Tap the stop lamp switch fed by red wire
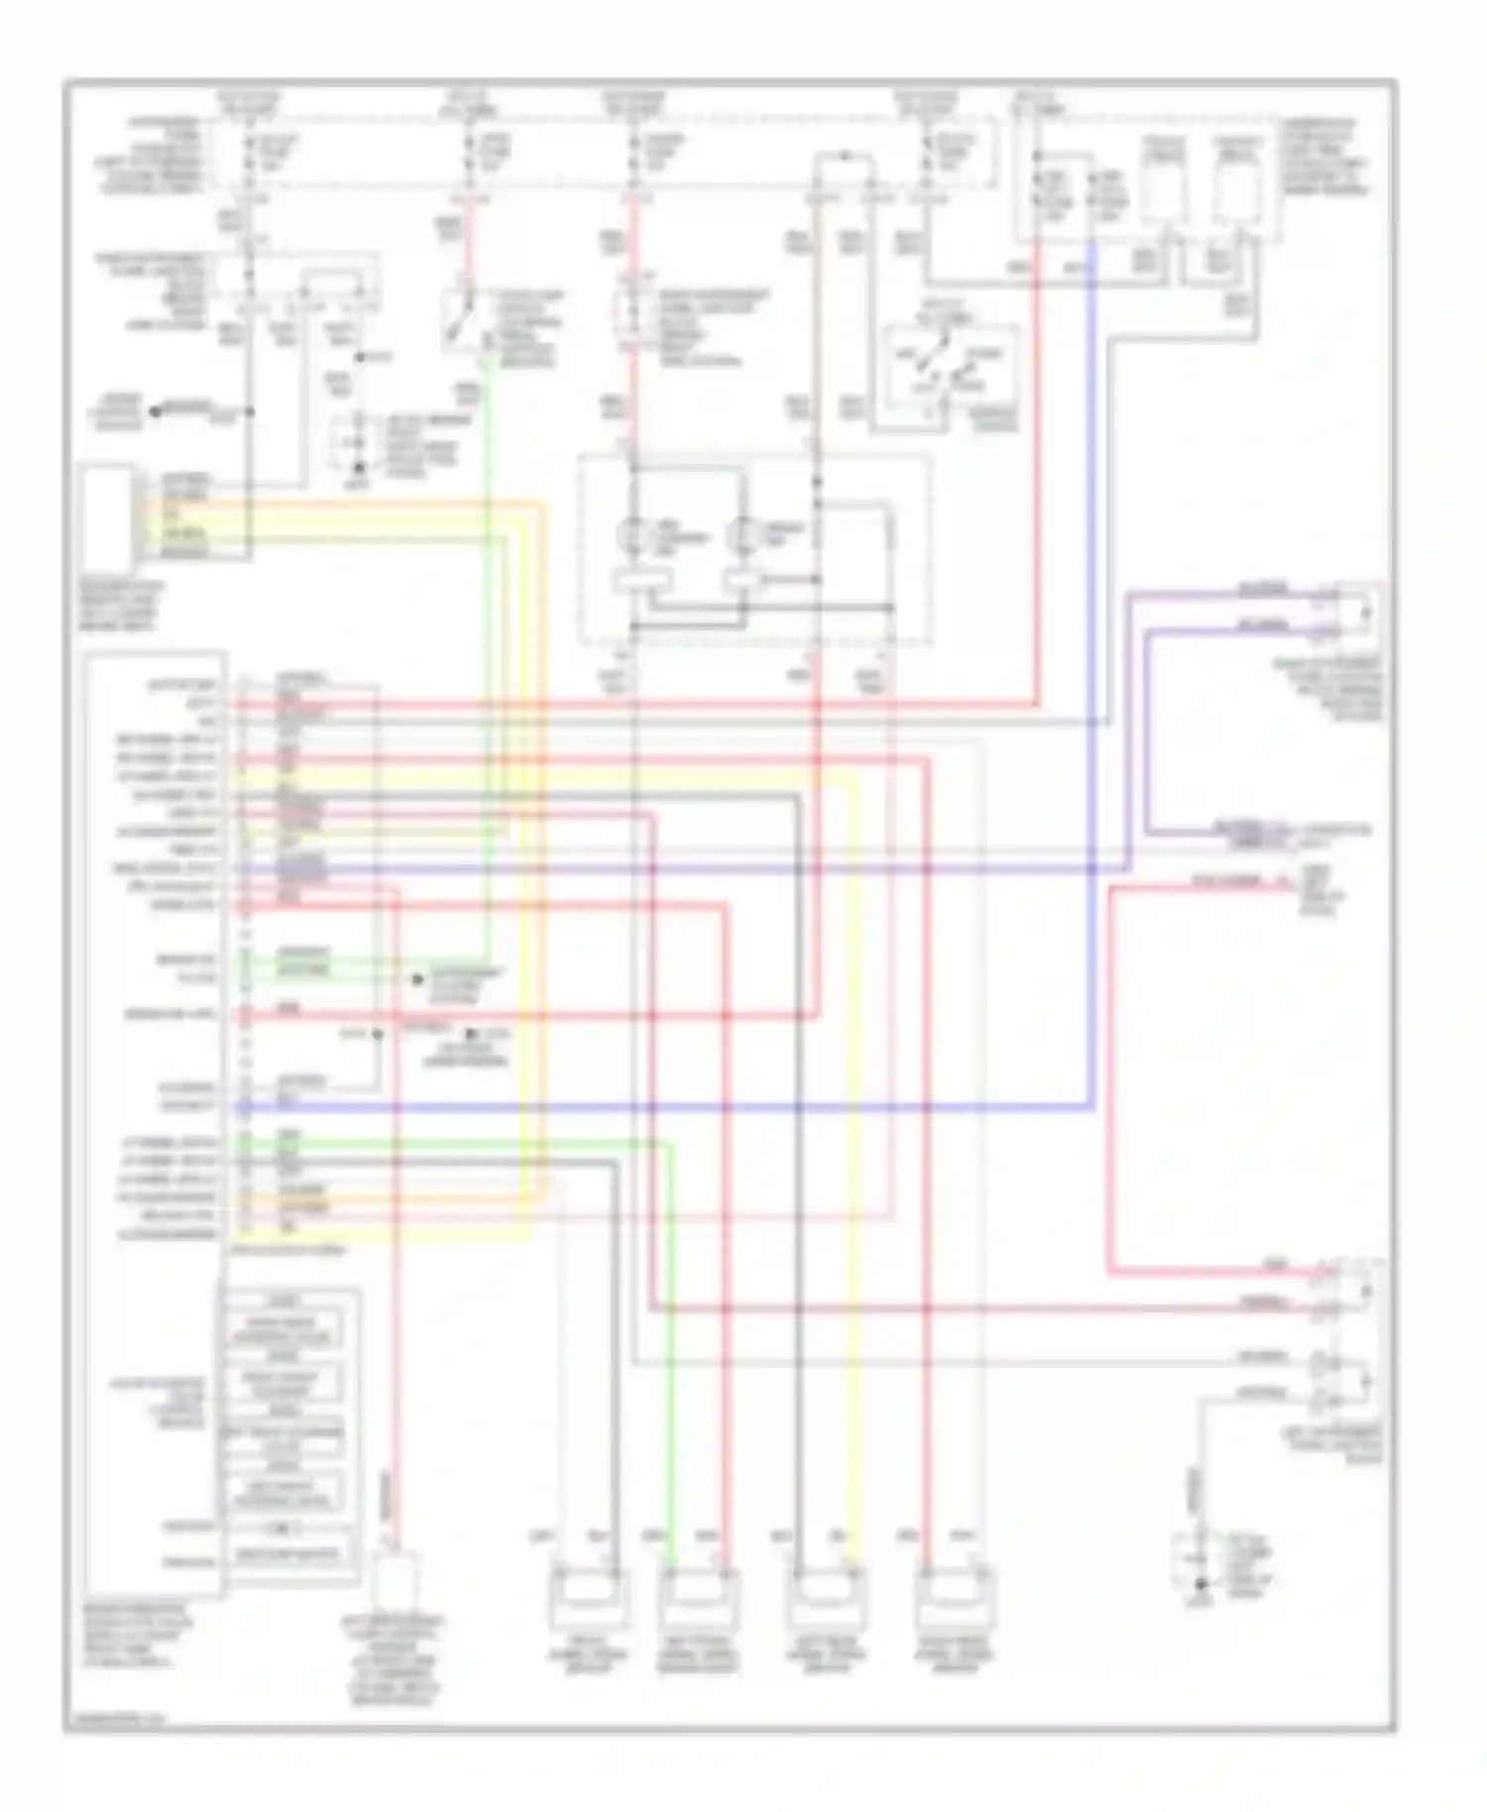click(x=462, y=317)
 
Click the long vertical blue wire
click(x=1091, y=694)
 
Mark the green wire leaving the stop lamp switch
click(x=488, y=644)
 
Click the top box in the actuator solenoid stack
click(x=286, y=1329)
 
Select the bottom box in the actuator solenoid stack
click(x=286, y=1553)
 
